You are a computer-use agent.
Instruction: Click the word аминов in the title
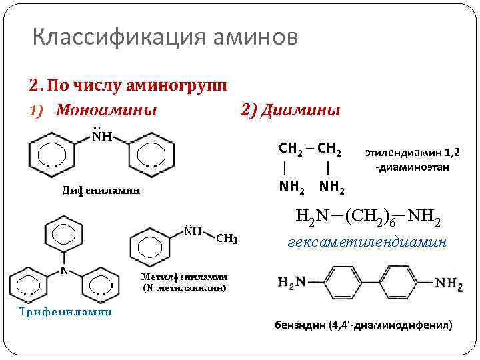pos(256,37)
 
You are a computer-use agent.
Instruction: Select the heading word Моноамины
pos(107,109)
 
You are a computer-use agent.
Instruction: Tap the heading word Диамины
pos(300,109)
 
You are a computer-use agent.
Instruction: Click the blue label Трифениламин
pos(65,311)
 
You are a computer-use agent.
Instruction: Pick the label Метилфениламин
pos(183,276)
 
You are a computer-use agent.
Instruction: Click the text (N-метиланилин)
pos(183,288)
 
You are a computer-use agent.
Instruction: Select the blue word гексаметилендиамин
pos(367,242)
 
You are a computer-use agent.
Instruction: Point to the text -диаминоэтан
pos(412,167)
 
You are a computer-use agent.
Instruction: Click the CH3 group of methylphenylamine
pos(227,239)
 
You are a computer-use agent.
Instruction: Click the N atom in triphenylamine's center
pos(64,271)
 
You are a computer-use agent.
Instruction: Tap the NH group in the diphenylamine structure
pos(101,137)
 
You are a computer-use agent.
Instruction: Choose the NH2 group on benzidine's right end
pos(449,284)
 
